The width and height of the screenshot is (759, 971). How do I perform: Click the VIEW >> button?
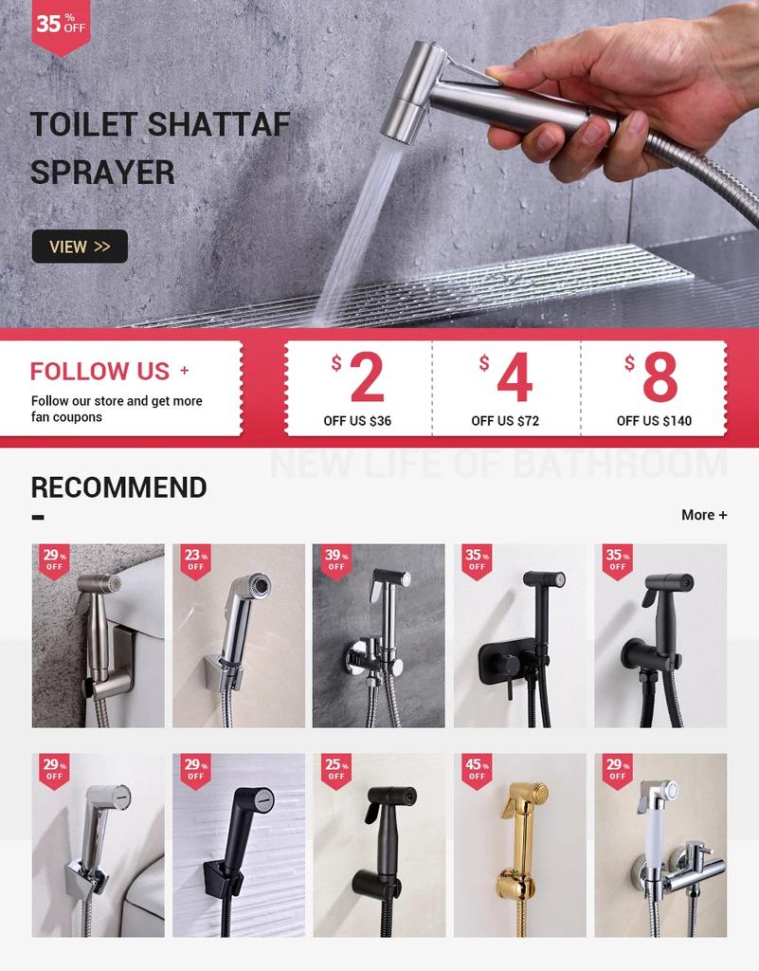point(80,247)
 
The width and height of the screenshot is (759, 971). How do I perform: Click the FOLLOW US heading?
point(99,371)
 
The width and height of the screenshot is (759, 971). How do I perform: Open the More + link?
point(704,515)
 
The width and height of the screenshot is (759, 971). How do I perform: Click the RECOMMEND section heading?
point(118,487)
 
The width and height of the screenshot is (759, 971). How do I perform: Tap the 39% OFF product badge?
point(335,560)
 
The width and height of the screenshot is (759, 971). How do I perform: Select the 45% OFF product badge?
point(476,769)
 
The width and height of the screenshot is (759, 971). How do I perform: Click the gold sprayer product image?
point(519,845)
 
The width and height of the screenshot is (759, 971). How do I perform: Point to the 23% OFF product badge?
point(195,560)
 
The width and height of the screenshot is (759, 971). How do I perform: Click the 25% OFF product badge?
point(335,769)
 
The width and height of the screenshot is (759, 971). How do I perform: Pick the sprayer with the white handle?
point(660,845)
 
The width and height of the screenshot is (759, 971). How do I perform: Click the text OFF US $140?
point(654,421)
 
